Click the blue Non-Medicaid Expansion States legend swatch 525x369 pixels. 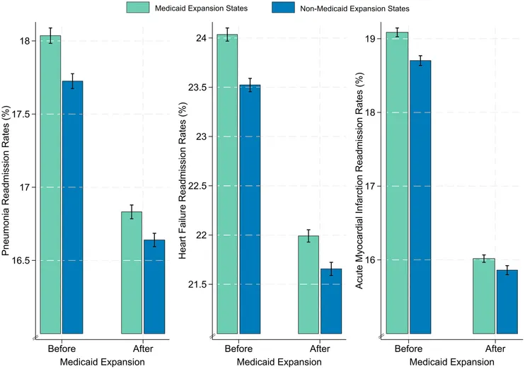289,8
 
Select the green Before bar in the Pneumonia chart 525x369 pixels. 50,184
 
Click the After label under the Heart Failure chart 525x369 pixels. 319,348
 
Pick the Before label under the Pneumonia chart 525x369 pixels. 62,348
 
